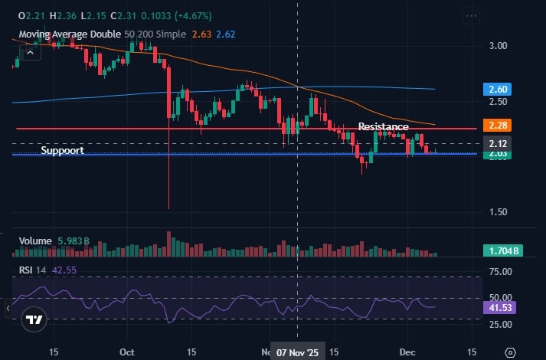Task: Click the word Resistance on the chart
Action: coord(384,126)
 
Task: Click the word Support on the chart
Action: coord(62,151)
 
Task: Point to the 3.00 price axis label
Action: coord(499,46)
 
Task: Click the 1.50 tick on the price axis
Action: coord(499,212)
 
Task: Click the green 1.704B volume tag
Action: coord(502,250)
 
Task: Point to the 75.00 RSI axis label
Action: coord(501,271)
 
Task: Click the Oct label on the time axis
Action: coord(127,352)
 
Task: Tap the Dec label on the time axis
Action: coord(407,352)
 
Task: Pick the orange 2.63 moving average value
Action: coord(202,34)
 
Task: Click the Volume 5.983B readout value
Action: coord(74,241)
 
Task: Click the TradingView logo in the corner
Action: coord(34,320)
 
